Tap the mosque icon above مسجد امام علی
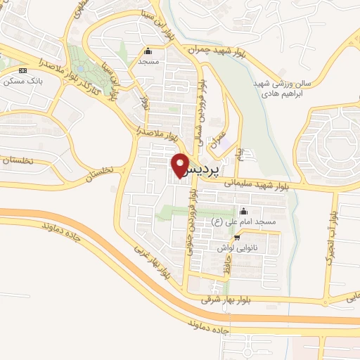[x=244, y=212]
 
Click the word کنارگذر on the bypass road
[x=98, y=89]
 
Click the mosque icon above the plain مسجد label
[x=148, y=51]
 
